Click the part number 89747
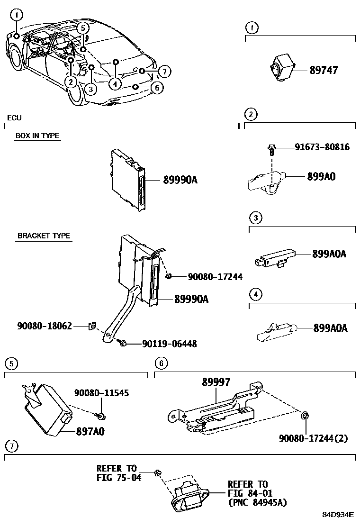tap(324, 70)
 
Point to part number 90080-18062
tap(45, 326)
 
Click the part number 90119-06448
tap(169, 344)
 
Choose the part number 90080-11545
tap(101, 393)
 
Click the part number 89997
tap(216, 382)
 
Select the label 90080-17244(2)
tap(313, 438)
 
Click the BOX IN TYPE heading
tap(37, 136)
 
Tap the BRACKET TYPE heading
tap(44, 236)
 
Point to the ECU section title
tap(14, 118)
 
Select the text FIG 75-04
tap(119, 477)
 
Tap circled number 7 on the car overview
tap(163, 72)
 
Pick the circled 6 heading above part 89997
tap(161, 363)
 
